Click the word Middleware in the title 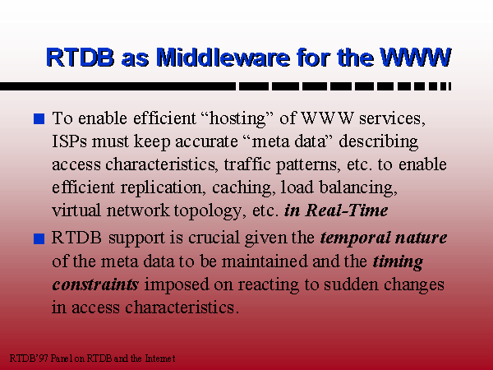(x=223, y=58)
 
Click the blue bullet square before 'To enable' (x=39, y=119)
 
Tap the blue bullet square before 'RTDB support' (x=39, y=238)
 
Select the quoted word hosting (x=237, y=119)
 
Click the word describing (x=378, y=142)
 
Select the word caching (x=242, y=188)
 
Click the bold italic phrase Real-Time (x=347, y=210)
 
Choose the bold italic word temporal (x=355, y=238)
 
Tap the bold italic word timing (x=398, y=262)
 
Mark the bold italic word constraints (x=95, y=284)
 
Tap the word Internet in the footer (x=160, y=358)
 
